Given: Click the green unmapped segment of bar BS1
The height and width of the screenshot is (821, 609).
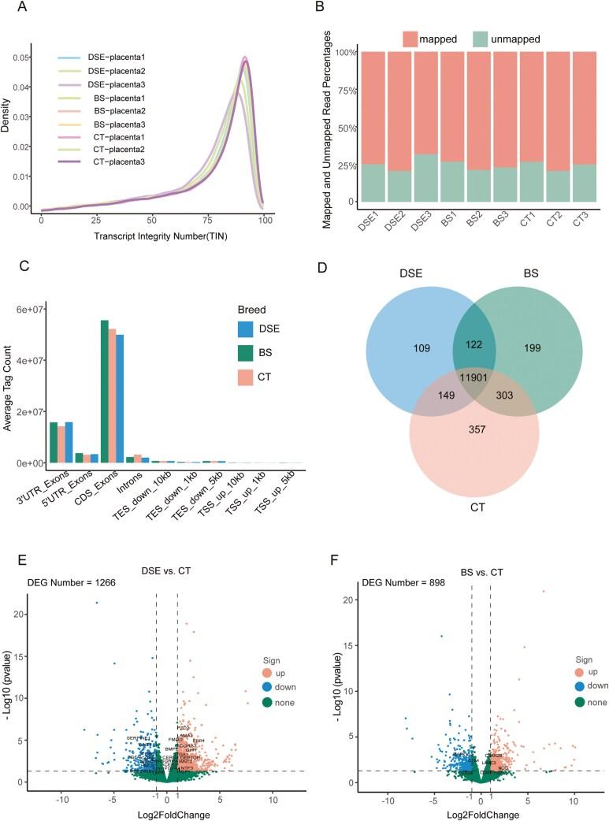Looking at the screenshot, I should point(451,181).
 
